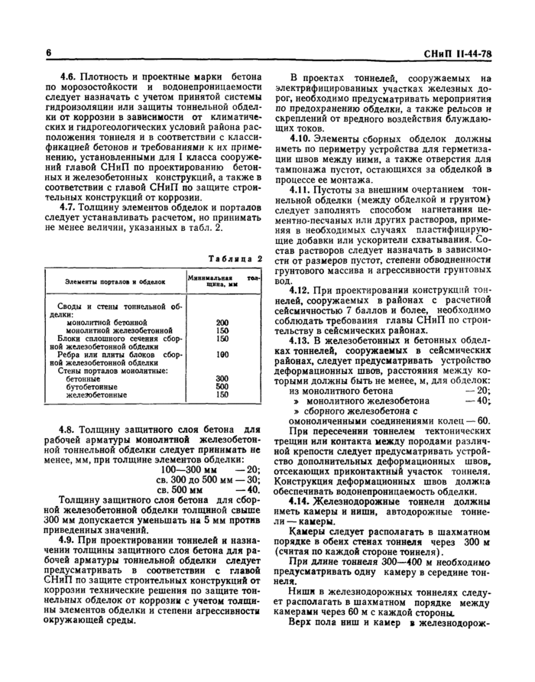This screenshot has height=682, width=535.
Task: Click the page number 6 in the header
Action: pyautogui.click(x=47, y=53)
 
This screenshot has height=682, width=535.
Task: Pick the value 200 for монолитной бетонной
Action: pyautogui.click(x=222, y=322)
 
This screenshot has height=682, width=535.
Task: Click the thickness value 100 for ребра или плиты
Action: pyautogui.click(x=222, y=355)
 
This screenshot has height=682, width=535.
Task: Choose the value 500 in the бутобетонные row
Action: pyautogui.click(x=222, y=387)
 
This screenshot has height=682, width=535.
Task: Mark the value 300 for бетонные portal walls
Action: pyautogui.click(x=222, y=378)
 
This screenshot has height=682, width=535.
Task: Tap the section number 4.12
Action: pyautogui.click(x=302, y=291)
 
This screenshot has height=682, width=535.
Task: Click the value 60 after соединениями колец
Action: pyautogui.click(x=484, y=420)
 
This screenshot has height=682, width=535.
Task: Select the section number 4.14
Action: pyautogui.click(x=302, y=499)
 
